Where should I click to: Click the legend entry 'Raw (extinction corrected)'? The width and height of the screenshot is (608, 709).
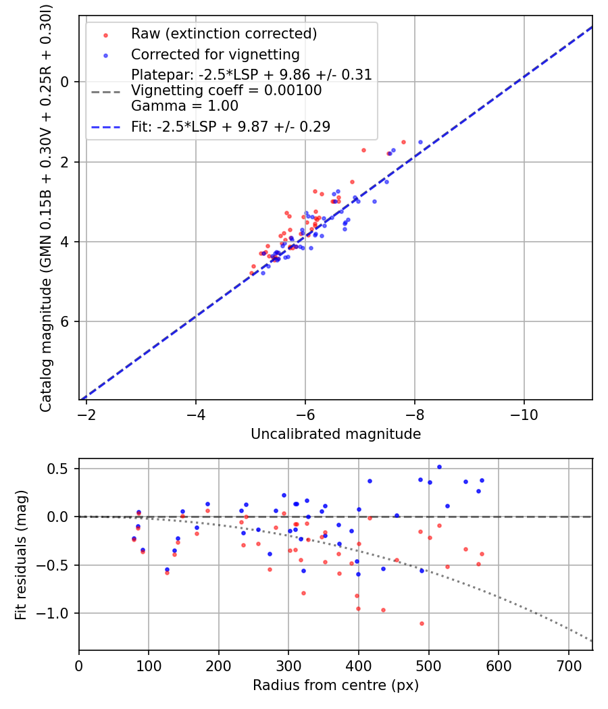click(x=224, y=33)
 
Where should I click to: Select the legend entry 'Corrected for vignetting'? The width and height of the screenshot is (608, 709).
click(x=215, y=54)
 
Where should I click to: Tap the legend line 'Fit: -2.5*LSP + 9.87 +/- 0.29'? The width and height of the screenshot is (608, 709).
click(x=230, y=126)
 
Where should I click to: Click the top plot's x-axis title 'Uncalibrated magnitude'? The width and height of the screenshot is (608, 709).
click(x=336, y=434)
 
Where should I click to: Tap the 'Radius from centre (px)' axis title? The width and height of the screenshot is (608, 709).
click(x=336, y=685)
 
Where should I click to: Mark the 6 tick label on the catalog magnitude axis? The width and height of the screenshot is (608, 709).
click(x=66, y=321)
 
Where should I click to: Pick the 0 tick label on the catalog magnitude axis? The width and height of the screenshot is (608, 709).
click(x=66, y=82)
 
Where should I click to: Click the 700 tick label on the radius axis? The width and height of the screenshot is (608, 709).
click(x=568, y=665)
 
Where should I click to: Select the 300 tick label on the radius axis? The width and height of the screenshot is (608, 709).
click(x=288, y=665)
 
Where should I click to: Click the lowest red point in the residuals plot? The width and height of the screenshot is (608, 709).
click(x=422, y=623)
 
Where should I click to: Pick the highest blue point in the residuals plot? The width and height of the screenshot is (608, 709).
click(x=439, y=467)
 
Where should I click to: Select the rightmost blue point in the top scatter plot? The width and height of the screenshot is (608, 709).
click(x=420, y=142)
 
